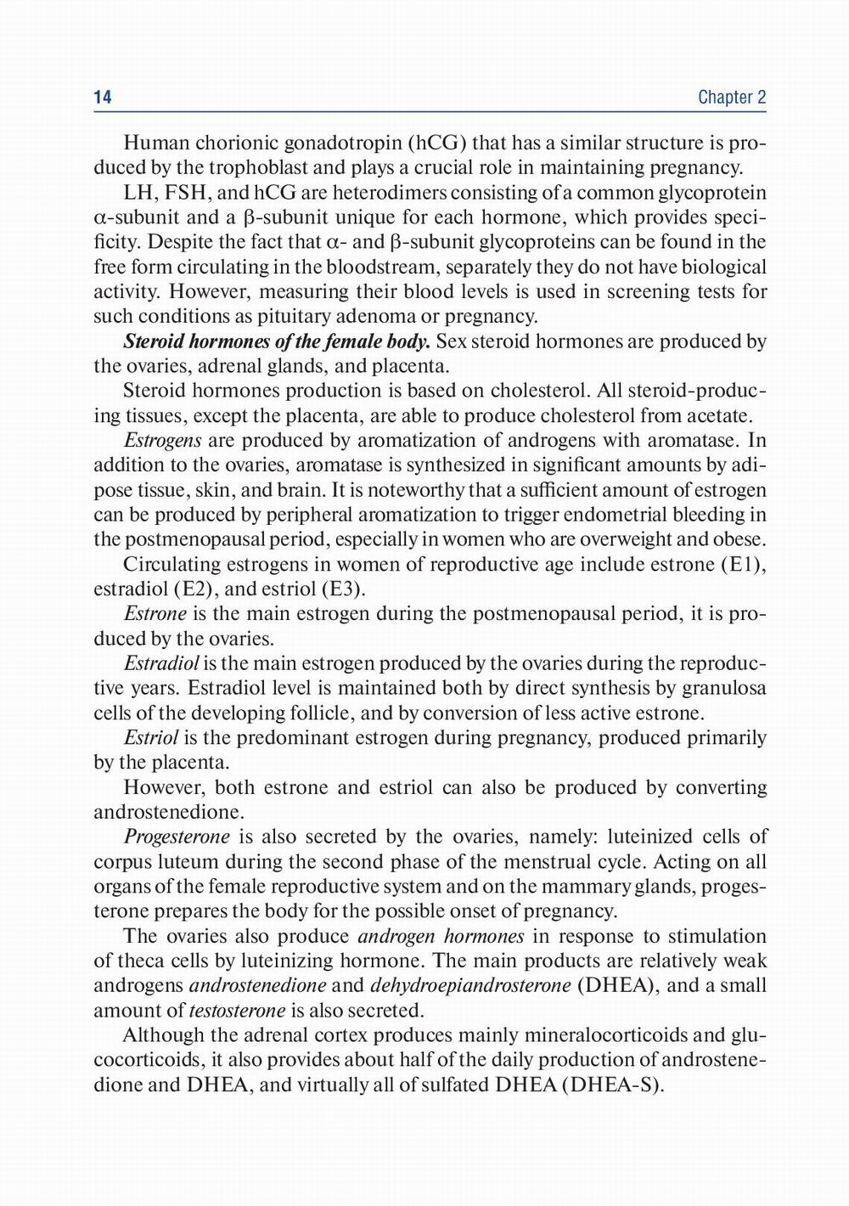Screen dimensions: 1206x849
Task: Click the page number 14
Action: point(103,98)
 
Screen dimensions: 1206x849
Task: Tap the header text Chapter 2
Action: point(732,98)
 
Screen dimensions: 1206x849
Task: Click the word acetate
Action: point(718,416)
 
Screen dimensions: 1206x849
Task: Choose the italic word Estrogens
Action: point(162,441)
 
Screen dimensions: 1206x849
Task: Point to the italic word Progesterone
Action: point(177,837)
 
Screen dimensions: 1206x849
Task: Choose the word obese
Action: point(742,540)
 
